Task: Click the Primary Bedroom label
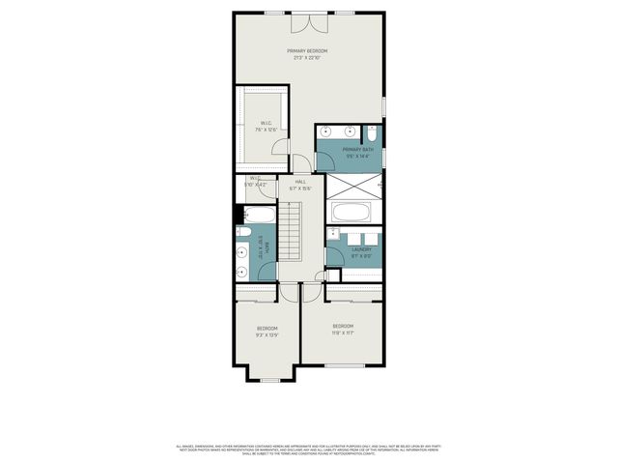308,54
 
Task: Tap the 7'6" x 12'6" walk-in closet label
266,126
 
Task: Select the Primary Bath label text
356,152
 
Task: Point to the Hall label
300,185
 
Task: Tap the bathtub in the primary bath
352,213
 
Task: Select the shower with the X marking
352,185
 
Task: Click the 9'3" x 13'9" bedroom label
267,332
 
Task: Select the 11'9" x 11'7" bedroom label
343,329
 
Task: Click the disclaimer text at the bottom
308,449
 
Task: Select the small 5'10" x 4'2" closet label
255,181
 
